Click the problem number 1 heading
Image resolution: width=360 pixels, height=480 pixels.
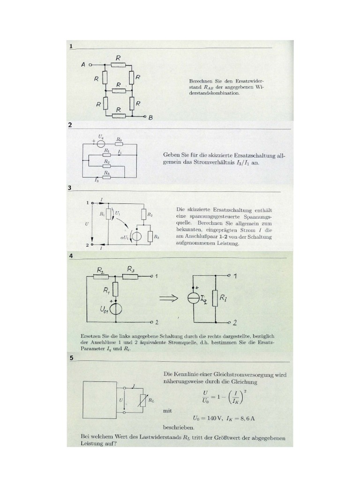[71, 46]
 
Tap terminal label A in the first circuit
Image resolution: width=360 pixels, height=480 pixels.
[83, 66]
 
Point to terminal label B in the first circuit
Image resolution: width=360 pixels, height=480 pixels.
[150, 118]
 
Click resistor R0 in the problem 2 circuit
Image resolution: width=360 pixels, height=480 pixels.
[120, 144]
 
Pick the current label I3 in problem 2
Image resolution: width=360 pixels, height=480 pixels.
[97, 180]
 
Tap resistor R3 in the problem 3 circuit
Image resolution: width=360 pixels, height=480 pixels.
[150, 237]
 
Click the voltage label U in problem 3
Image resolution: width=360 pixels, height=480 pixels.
[86, 224]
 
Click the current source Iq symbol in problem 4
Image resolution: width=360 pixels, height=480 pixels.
[193, 297]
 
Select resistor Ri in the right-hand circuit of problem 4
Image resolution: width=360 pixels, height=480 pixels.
[215, 297]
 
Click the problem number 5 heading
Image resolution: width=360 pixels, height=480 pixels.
[71, 359]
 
